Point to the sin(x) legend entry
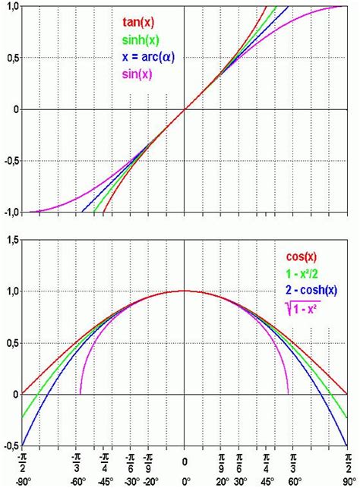(138, 73)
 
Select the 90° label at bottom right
(350, 482)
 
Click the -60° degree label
(76, 482)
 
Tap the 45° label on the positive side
(267, 482)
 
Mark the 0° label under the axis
(185, 482)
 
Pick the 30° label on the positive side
(242, 482)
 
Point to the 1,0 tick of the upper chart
(11, 6)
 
